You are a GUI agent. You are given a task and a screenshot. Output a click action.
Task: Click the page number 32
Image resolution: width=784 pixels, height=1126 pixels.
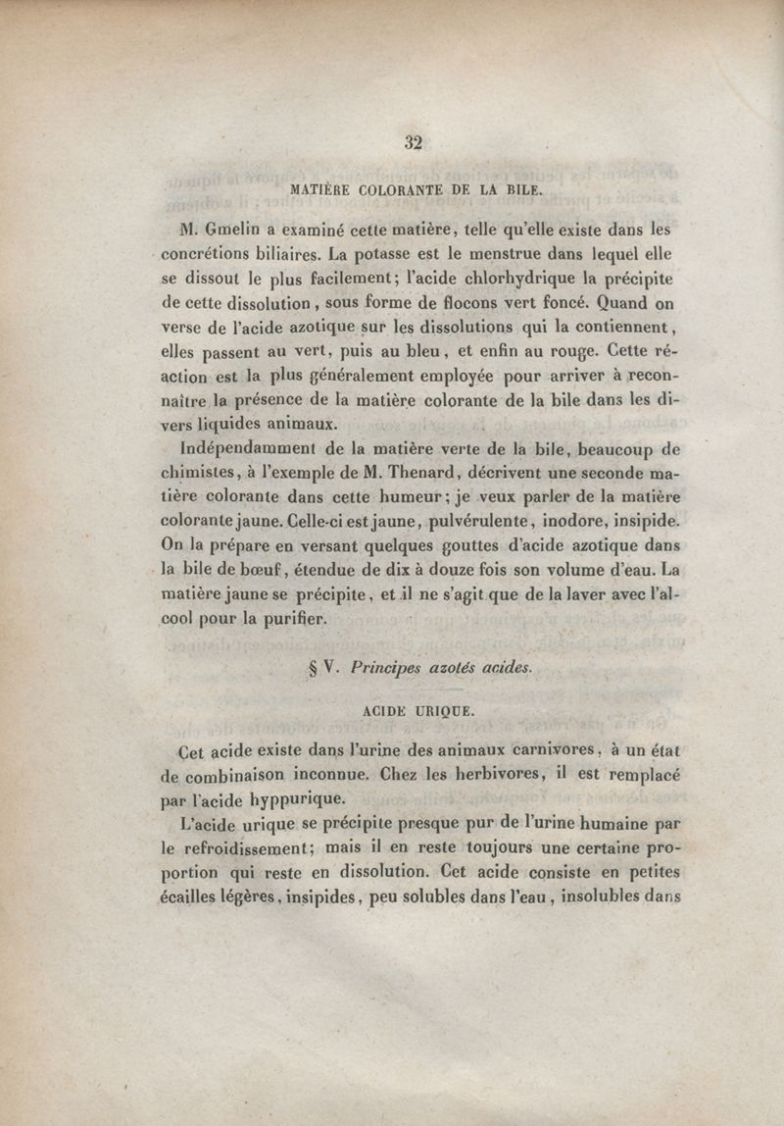pos(413,143)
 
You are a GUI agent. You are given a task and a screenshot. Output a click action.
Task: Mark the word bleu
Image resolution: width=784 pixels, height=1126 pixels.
pos(427,351)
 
